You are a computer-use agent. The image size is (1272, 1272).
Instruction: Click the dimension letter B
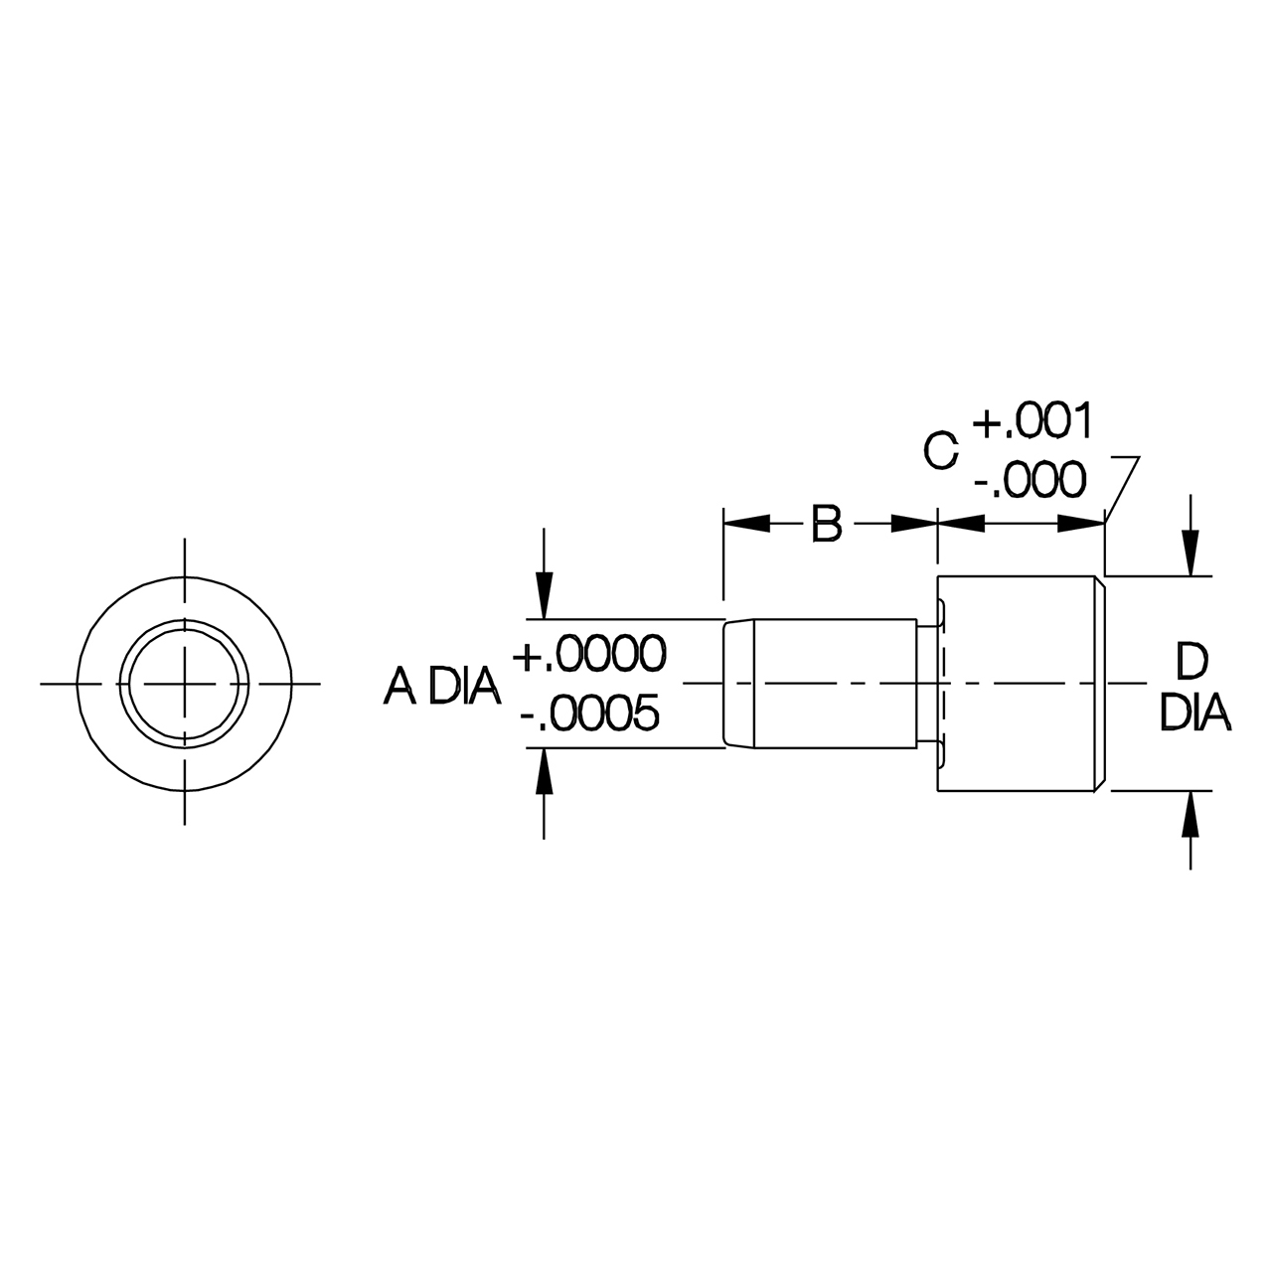[x=827, y=524]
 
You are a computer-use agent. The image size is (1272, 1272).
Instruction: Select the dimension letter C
[x=940, y=451]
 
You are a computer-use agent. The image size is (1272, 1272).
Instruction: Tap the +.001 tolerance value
[x=1033, y=421]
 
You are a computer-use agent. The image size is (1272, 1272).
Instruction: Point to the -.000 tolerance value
[x=1030, y=480]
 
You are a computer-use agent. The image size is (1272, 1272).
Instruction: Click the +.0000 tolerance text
[x=589, y=655]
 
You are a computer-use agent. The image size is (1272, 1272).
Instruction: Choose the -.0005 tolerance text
[x=589, y=714]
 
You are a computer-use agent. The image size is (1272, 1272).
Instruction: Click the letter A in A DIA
[x=400, y=686]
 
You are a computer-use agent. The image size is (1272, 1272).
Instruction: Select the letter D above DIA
[x=1192, y=663]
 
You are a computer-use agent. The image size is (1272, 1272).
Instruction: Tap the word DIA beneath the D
[x=1195, y=713]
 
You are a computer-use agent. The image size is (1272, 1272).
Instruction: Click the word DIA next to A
[x=465, y=686]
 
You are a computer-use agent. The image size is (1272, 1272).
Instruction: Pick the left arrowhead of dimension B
[x=746, y=524]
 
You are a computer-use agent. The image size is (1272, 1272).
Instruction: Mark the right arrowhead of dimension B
[x=914, y=524]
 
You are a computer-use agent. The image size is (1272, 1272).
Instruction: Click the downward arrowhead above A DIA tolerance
[x=544, y=596]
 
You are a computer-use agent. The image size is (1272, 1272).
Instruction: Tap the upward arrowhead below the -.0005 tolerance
[x=544, y=771]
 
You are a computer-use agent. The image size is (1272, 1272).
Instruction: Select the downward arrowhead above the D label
[x=1191, y=554]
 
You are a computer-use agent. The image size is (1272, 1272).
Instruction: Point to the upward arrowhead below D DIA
[x=1191, y=813]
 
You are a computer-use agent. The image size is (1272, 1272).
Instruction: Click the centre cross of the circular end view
[x=184, y=683]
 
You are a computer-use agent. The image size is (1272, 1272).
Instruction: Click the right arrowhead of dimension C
[x=1082, y=524]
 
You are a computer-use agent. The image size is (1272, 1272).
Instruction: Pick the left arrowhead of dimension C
[x=961, y=524]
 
